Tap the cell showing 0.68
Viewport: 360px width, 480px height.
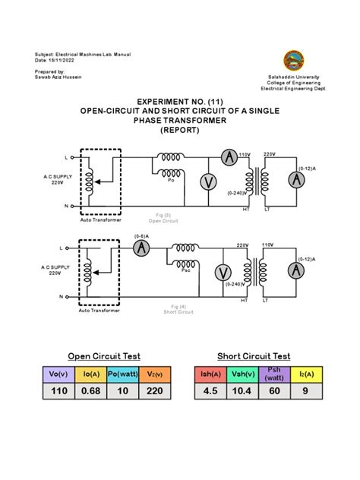pos(90,392)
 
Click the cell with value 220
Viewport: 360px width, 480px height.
pos(154,392)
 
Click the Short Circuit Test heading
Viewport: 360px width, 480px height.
pos(254,355)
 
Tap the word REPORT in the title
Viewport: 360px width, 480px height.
pos(179,130)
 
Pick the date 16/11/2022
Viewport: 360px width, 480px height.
pos(65,62)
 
